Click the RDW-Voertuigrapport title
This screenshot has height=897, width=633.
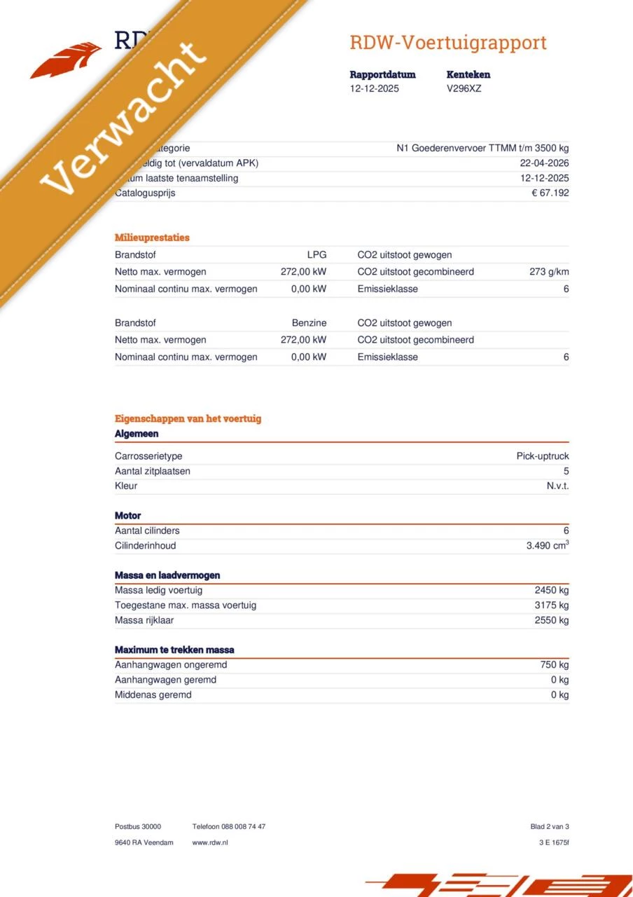(x=448, y=43)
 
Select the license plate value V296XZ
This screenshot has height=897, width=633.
(x=464, y=89)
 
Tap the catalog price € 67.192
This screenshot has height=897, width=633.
(x=550, y=193)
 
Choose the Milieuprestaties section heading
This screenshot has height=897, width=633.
(x=152, y=238)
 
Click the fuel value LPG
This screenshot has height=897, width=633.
(x=316, y=255)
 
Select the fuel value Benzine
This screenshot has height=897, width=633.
(x=309, y=323)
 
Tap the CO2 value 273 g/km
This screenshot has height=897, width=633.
(x=549, y=272)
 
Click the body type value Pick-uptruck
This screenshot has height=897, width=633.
(x=543, y=456)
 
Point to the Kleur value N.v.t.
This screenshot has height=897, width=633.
(x=557, y=486)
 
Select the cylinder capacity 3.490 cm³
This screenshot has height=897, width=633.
(x=547, y=546)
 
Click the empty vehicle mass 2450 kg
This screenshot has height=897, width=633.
(x=552, y=590)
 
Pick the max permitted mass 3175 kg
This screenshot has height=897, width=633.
(x=552, y=605)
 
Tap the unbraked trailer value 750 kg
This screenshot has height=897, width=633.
(x=555, y=665)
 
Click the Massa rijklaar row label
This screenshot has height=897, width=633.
(x=144, y=620)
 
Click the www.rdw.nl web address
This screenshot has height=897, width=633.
(x=210, y=842)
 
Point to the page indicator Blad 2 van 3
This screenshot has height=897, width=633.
(x=550, y=827)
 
